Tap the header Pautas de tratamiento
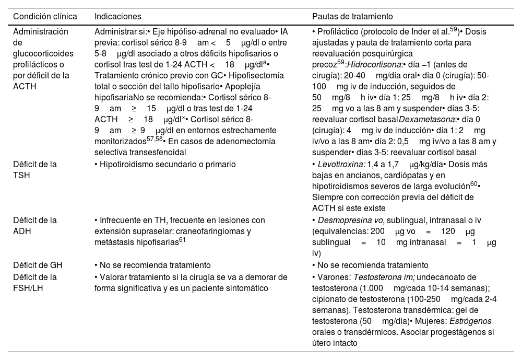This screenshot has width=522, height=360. coord(349,16)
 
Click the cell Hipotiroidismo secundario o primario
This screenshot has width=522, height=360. coord(165,165)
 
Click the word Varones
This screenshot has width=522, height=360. coord(330,277)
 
